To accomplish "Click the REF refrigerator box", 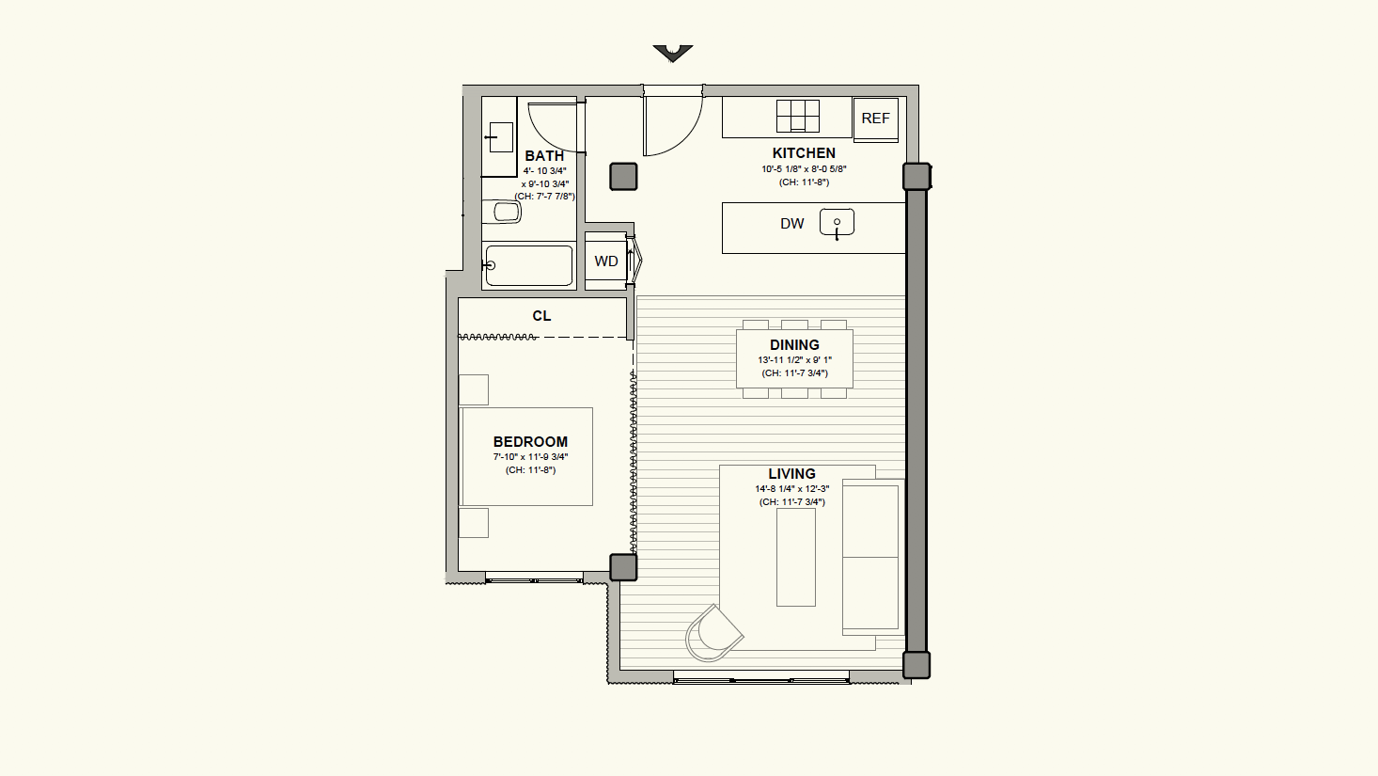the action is [x=875, y=119].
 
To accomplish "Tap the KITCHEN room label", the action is [x=804, y=153].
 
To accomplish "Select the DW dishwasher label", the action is [x=791, y=224].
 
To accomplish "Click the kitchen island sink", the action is [x=837, y=223].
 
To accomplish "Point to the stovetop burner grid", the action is [x=798, y=117].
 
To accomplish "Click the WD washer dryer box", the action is [x=606, y=261].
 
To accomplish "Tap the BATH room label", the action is [x=544, y=156].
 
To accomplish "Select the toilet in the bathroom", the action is [x=501, y=212].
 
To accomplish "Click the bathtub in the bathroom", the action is [x=529, y=266].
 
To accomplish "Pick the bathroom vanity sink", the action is [x=500, y=137].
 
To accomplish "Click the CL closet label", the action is [x=541, y=316].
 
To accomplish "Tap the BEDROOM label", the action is [x=530, y=442].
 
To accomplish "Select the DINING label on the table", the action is [x=795, y=345].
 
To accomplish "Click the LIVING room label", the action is [x=791, y=474].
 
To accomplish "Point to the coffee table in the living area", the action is [x=796, y=557].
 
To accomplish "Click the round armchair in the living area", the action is [x=713, y=634].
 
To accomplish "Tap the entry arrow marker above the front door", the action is [x=673, y=53].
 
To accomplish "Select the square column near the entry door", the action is [x=623, y=177].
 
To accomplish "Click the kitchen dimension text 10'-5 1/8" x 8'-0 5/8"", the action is [x=804, y=169].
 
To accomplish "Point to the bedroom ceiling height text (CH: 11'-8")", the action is [x=530, y=470].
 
